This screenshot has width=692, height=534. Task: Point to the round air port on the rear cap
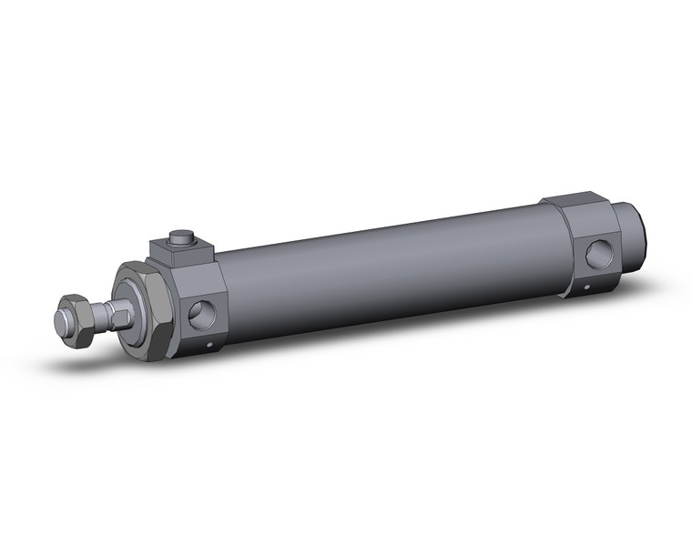[597, 253]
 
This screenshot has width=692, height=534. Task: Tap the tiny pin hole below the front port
[209, 345]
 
